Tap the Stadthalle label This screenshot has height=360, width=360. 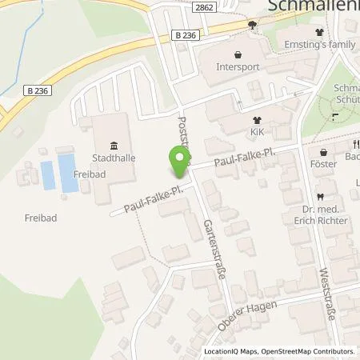(x=112, y=158)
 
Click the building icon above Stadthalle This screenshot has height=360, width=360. (x=112, y=145)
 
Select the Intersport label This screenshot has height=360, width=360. (x=238, y=68)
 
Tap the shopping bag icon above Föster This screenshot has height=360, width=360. (x=322, y=153)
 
